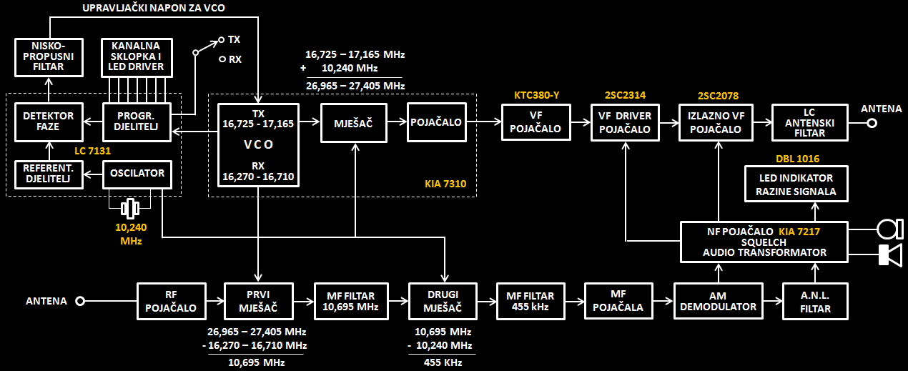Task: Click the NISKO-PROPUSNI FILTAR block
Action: pyautogui.click(x=49, y=57)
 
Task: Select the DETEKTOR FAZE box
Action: pyautogui.click(x=49, y=122)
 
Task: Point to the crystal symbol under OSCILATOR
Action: pyautogui.click(x=129, y=209)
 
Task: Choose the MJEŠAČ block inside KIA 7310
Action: pyautogui.click(x=355, y=122)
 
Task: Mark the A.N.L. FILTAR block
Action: pyautogui.click(x=816, y=301)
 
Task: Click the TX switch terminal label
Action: pyautogui.click(x=234, y=39)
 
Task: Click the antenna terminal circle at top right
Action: pyautogui.click(x=872, y=122)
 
